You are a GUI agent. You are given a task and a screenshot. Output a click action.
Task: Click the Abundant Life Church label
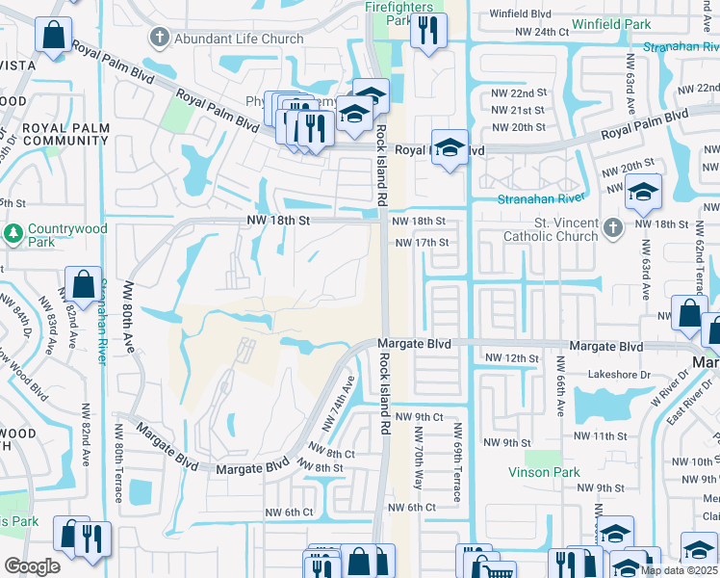238,39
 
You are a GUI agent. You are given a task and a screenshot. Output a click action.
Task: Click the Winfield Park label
610,22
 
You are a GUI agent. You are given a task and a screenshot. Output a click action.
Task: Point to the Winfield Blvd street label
520,14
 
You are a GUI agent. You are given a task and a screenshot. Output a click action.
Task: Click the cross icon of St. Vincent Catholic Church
614,228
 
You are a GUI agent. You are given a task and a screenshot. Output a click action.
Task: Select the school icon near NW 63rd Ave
644,193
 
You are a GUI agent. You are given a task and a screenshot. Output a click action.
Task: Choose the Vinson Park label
545,472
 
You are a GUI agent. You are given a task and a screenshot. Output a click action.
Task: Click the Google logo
32,565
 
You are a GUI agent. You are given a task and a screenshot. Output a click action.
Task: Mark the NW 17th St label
423,242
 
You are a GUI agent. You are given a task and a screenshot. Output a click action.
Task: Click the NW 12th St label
509,357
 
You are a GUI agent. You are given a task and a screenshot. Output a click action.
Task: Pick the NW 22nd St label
519,93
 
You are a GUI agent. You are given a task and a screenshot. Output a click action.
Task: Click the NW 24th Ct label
538,32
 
